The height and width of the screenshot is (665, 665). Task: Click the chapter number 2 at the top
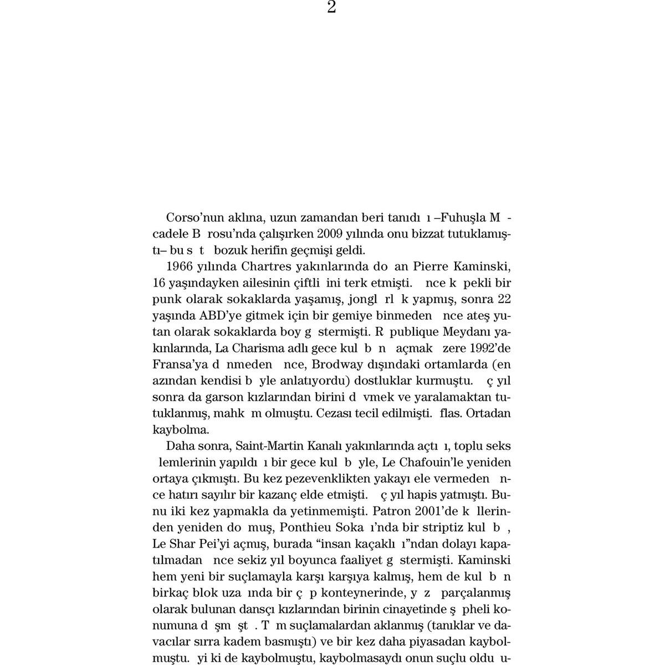tap(331, 7)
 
